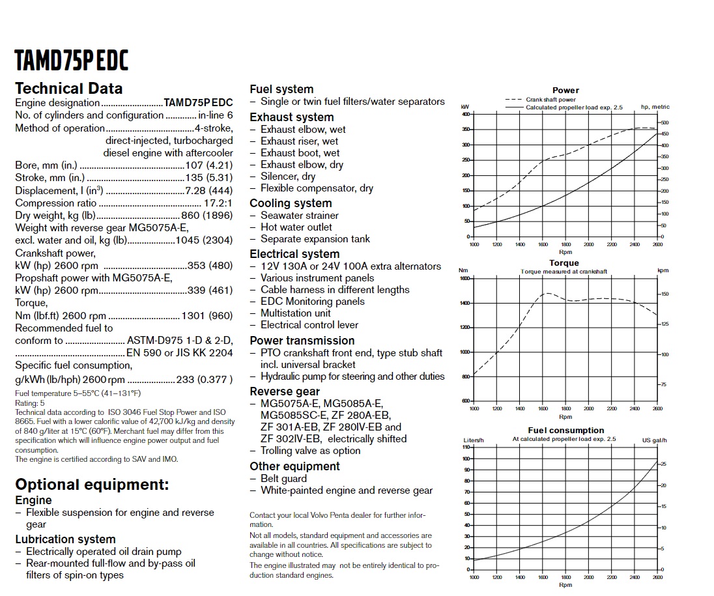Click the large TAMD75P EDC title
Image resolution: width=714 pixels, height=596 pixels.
coord(72,60)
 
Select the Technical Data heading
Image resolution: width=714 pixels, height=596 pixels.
coord(68,89)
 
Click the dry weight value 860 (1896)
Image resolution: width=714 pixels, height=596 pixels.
coord(206,216)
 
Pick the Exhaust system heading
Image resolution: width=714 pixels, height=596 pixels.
coord(291,117)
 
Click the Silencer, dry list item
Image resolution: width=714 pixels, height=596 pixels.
coord(287,177)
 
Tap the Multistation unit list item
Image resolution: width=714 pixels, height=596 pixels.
coord(295,313)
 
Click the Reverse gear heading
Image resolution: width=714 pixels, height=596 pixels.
coord(285,391)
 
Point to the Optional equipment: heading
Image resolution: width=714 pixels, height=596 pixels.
coord(92,485)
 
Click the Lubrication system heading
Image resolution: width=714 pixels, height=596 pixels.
coord(65,539)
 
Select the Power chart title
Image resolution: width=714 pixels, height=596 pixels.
coord(565,91)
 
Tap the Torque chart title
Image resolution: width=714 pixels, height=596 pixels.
coord(564,263)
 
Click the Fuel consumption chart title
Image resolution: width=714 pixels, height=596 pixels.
coord(565,431)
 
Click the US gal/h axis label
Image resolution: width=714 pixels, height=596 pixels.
coord(655,440)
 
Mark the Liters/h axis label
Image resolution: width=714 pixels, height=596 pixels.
coord(473,440)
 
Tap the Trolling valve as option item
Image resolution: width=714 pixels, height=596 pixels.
coord(310,451)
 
